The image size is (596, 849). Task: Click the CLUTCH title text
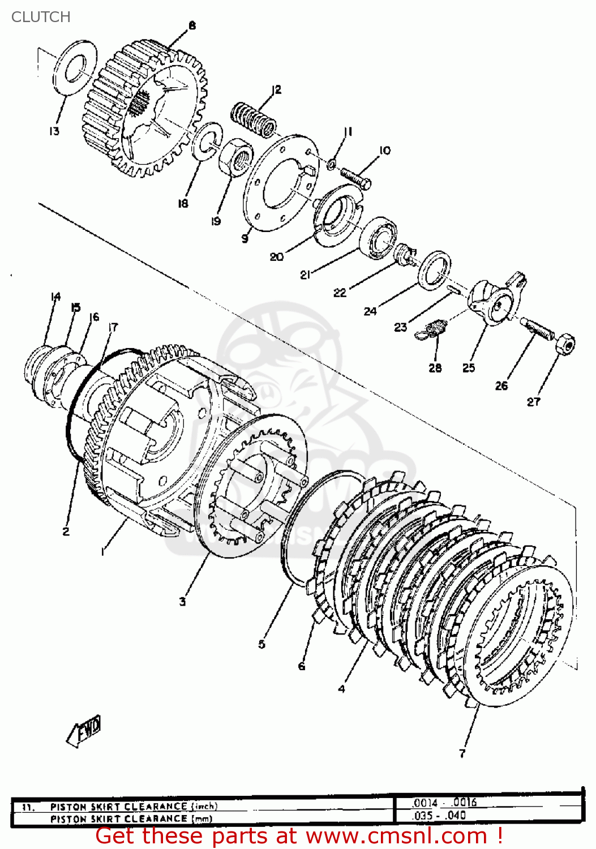(x=41, y=17)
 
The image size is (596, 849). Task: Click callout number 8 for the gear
(x=192, y=25)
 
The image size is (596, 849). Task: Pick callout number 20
(x=276, y=257)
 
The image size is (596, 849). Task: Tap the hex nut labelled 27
(x=564, y=344)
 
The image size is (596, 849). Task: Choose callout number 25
(x=469, y=368)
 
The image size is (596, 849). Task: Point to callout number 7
(x=462, y=753)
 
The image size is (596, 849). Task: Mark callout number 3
(x=182, y=602)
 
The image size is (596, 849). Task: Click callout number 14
(x=55, y=297)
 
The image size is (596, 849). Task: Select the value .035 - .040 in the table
(x=439, y=816)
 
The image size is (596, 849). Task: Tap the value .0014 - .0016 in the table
(x=444, y=803)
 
